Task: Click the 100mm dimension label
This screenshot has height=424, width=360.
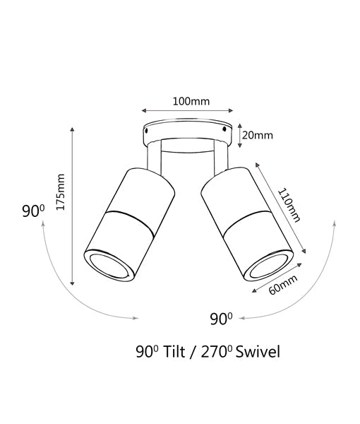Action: pos(191,100)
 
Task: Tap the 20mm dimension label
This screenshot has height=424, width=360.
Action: pos(259,134)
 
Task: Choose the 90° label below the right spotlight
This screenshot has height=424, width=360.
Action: pos(220,319)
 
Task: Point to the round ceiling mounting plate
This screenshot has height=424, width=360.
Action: pos(187,132)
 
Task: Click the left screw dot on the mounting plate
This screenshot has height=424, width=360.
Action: pos(147,129)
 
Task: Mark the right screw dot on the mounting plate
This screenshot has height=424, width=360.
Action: pos(227,129)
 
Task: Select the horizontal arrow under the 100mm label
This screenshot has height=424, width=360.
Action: pos(187,111)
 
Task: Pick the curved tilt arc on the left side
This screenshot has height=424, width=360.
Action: pos(64,283)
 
